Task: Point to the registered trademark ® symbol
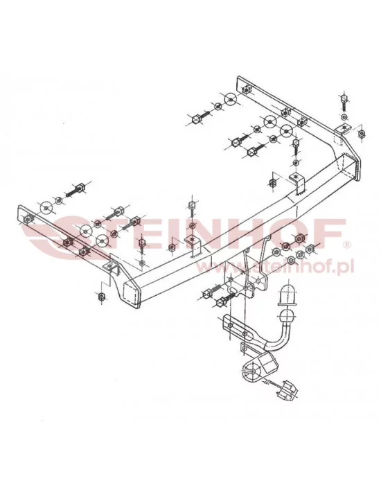point(348,244)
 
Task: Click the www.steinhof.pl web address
point(283,266)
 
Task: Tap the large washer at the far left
point(46,206)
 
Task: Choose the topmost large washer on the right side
point(231,98)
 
